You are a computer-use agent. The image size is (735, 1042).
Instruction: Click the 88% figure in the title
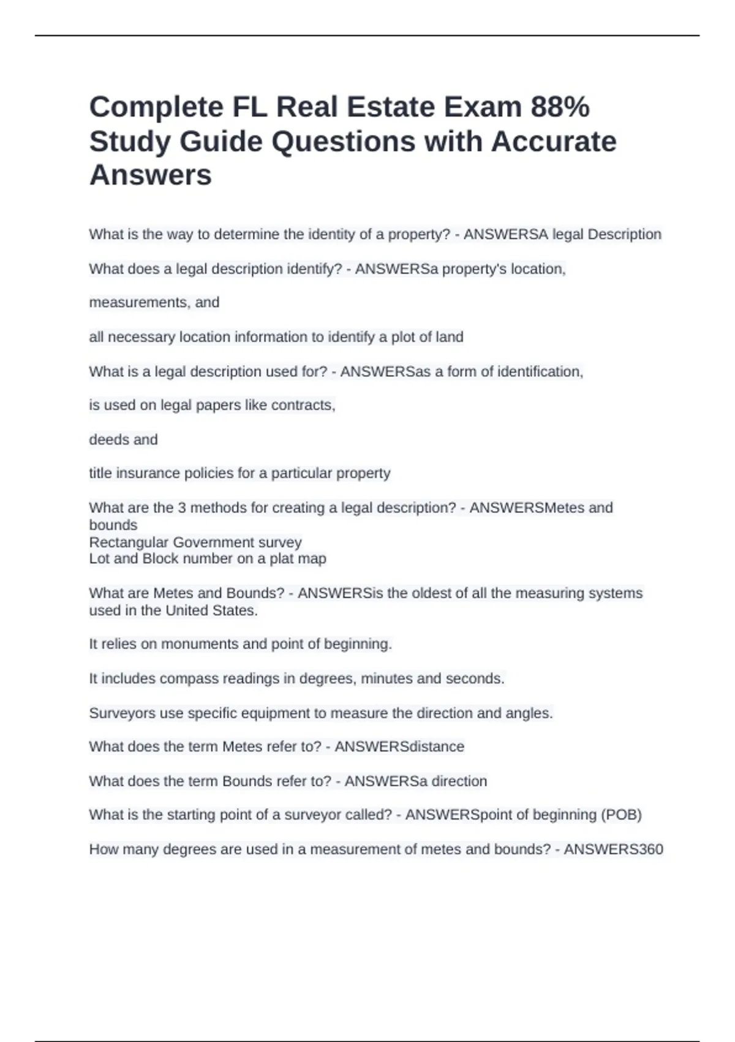tap(560, 107)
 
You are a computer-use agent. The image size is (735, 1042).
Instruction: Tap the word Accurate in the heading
tap(553, 142)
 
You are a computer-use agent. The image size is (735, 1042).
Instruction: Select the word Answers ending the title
tap(151, 175)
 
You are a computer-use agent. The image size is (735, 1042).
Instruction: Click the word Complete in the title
tap(157, 107)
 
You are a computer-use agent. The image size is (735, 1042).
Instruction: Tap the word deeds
tap(107, 439)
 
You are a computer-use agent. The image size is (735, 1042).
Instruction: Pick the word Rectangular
tap(129, 542)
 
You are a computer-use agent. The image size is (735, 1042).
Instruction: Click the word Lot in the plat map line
tap(98, 558)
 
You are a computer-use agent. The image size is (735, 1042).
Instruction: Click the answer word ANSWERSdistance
tap(399, 747)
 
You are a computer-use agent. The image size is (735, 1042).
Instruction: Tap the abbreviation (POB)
tap(621, 815)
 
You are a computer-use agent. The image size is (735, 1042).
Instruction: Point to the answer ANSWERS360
tap(613, 849)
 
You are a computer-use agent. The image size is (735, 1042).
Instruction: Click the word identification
tap(540, 371)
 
